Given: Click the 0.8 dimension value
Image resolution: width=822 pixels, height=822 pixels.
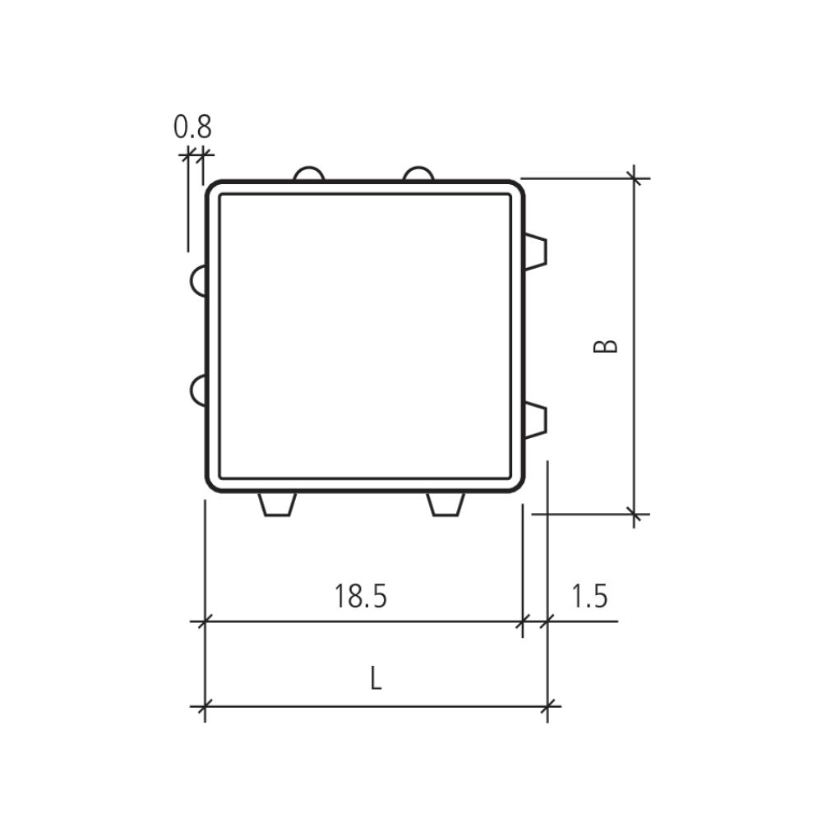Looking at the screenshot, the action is [192, 127].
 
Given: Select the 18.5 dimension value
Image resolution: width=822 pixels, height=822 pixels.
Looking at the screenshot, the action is [361, 596].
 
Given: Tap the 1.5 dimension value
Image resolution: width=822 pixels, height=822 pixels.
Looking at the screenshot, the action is [589, 596].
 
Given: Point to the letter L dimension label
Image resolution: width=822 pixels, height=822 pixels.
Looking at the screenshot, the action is [376, 678].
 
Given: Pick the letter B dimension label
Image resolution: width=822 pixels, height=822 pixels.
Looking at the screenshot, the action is [605, 347].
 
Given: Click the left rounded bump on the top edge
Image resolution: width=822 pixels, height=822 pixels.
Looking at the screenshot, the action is [309, 173].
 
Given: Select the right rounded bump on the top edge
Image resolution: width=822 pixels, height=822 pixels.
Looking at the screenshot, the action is [418, 173].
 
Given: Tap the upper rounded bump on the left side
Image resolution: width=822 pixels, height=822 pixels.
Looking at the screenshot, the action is [198, 280].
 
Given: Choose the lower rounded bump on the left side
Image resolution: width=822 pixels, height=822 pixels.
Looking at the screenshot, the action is [198, 390].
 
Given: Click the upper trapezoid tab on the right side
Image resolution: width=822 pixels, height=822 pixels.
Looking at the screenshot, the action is [535, 252].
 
